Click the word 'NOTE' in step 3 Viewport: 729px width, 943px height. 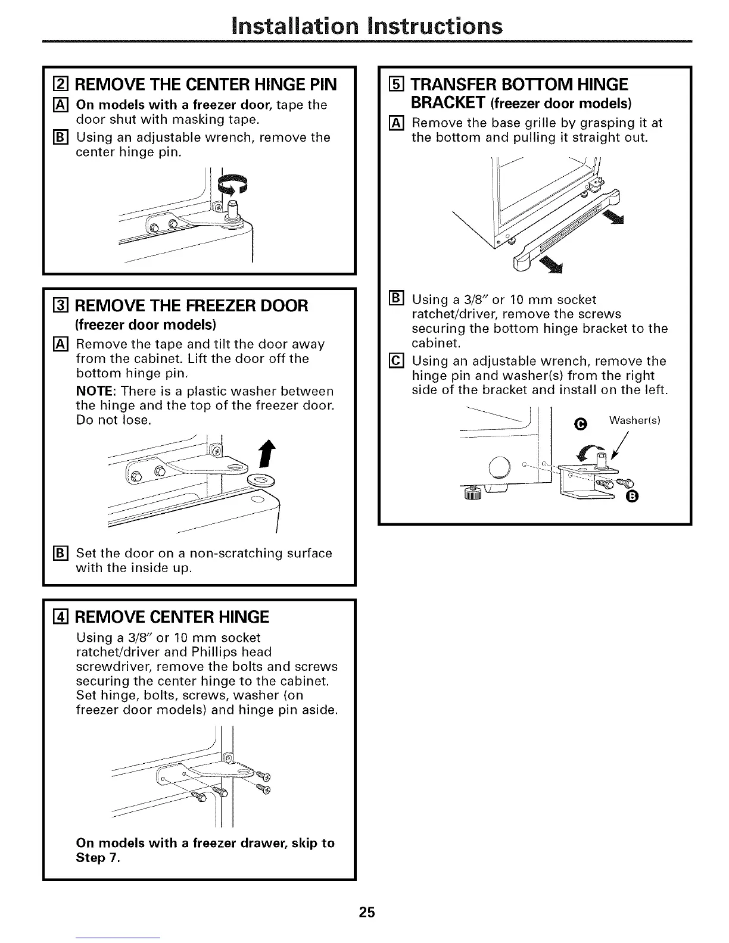coord(95,392)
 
